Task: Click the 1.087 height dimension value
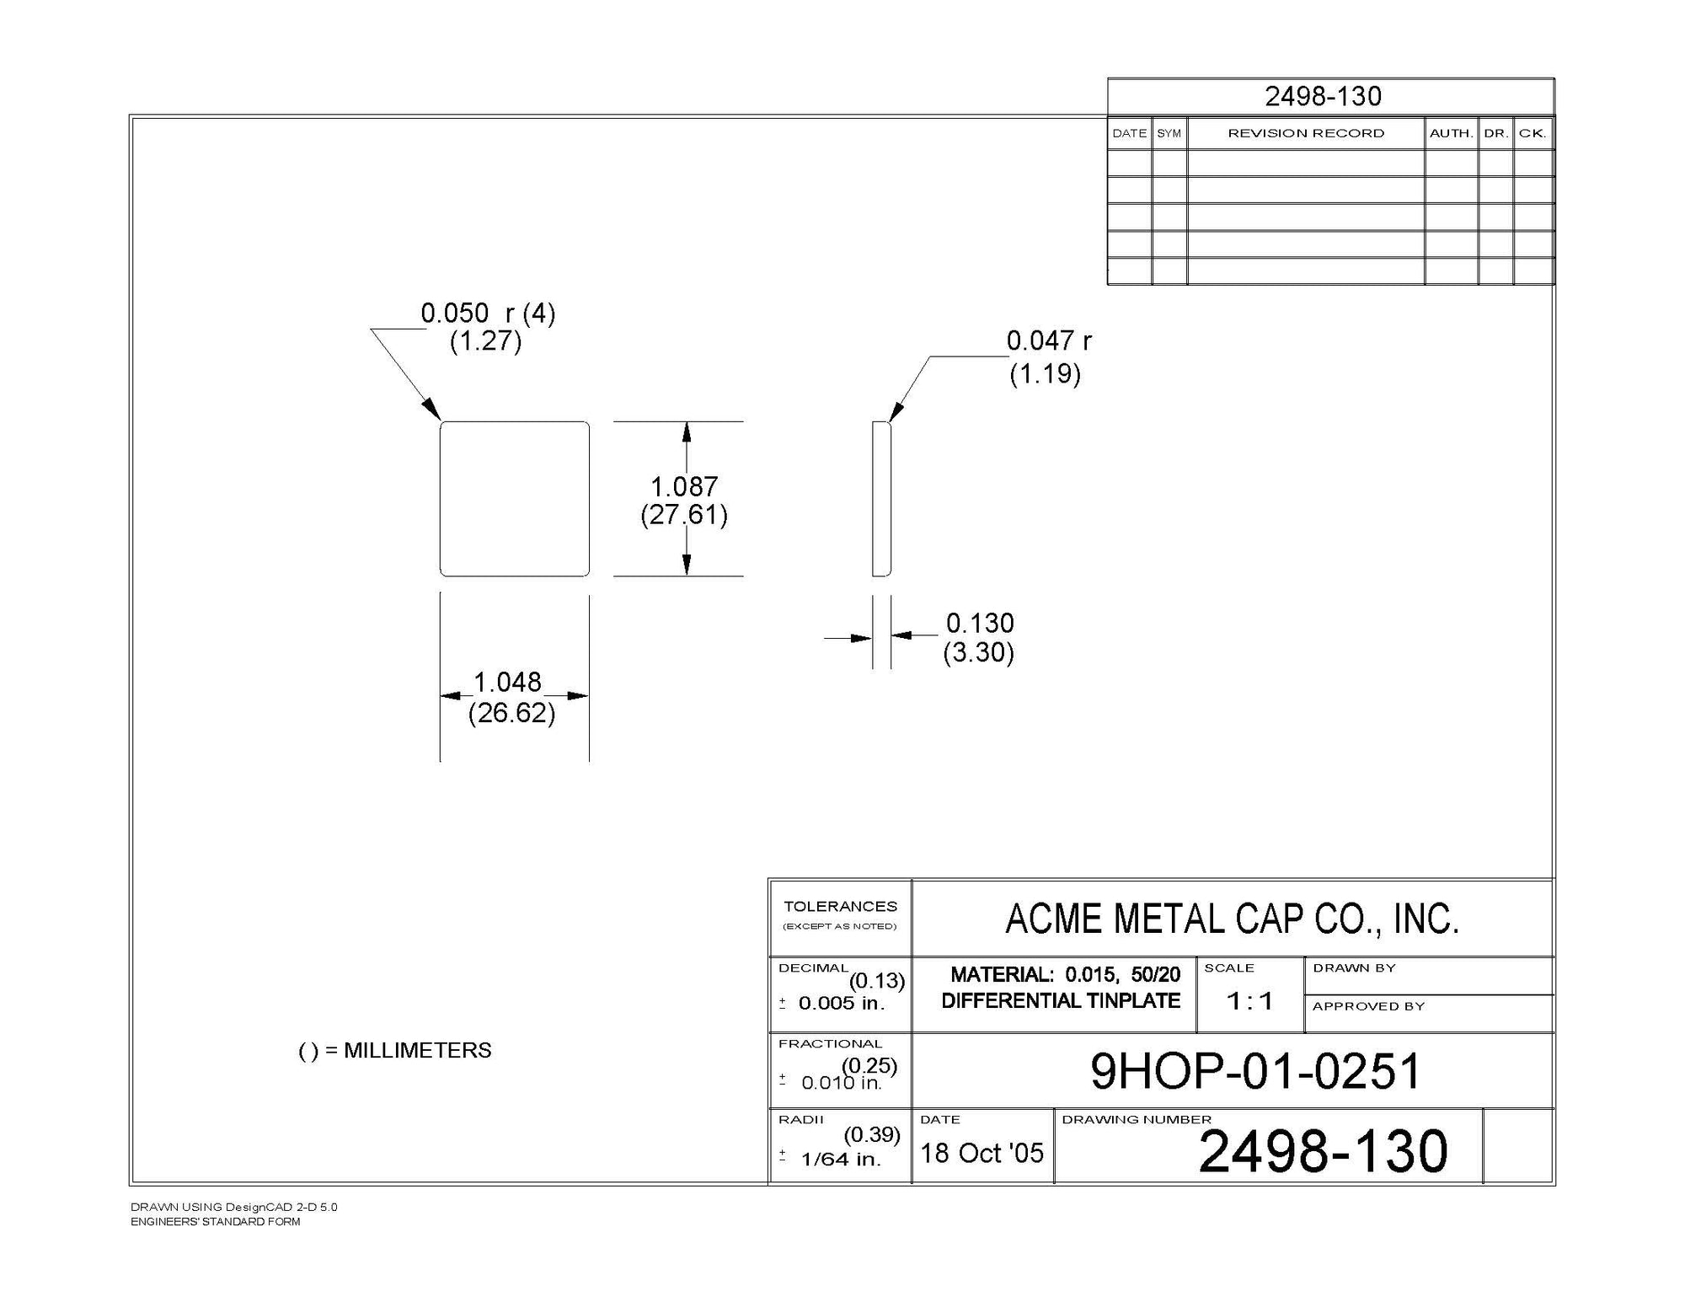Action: [683, 487]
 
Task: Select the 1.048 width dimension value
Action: [507, 683]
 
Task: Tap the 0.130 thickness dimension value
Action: [980, 624]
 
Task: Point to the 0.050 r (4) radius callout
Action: [488, 313]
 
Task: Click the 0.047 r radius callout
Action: [1049, 341]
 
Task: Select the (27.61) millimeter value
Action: [683, 515]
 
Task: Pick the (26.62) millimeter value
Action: [511, 714]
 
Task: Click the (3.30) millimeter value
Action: [978, 653]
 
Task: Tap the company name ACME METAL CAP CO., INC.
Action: [1232, 919]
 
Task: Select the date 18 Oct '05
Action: [982, 1153]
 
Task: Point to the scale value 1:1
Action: [1249, 1001]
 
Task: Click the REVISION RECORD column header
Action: [1306, 133]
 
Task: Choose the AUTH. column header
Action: [1451, 133]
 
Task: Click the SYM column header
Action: [1169, 133]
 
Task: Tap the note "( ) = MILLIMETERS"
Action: [395, 1051]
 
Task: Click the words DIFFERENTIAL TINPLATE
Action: [1061, 1001]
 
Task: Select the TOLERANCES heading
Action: [840, 907]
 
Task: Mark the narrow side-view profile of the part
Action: [881, 499]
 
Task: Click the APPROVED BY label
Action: [1368, 1006]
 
